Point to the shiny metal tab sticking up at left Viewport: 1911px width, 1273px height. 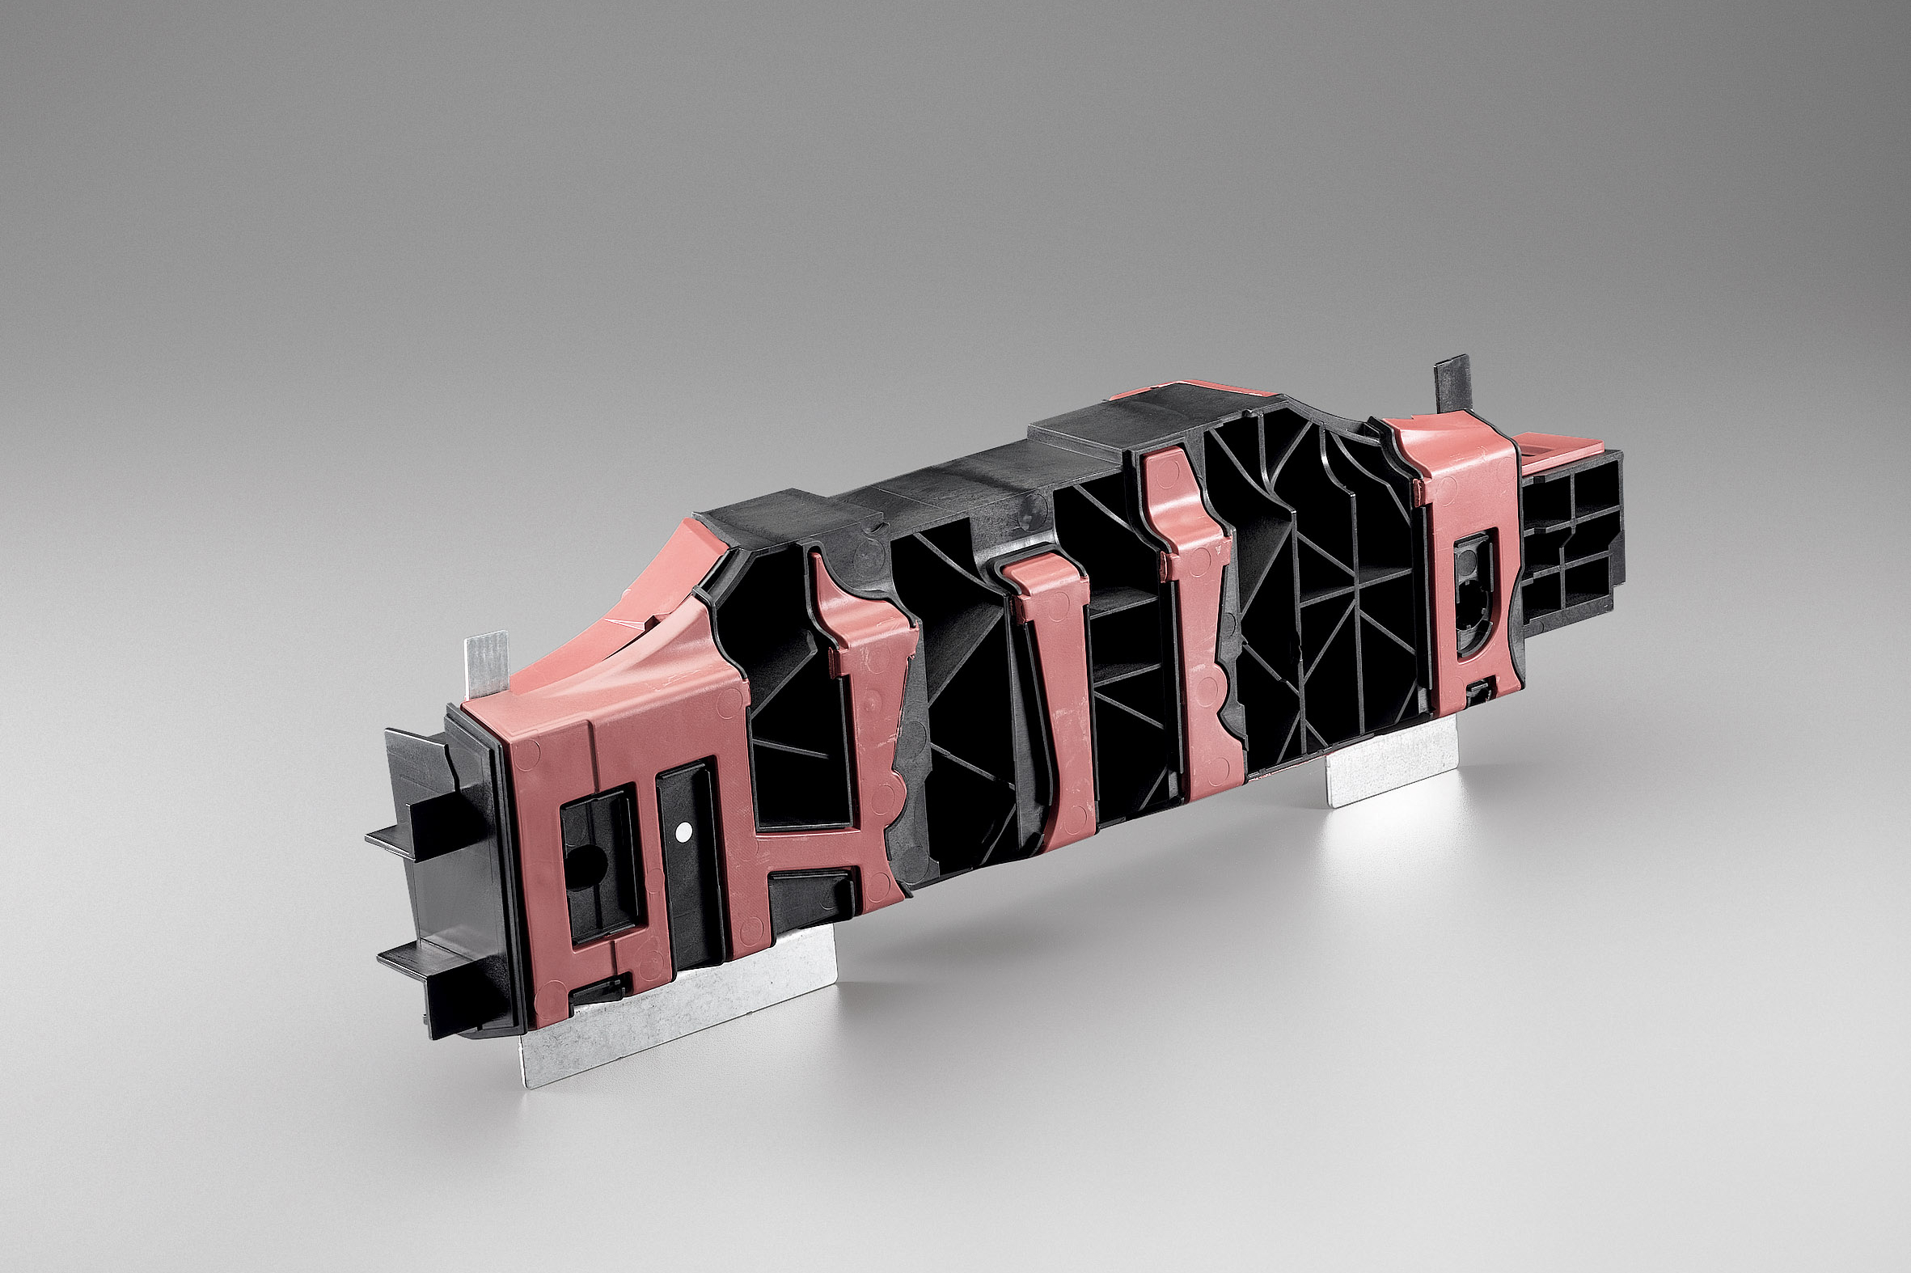click(487, 661)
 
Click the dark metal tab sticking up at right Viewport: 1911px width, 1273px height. click(1452, 387)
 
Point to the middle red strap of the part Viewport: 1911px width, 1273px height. click(1059, 690)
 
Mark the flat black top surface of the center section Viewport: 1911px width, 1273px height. click(975, 471)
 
